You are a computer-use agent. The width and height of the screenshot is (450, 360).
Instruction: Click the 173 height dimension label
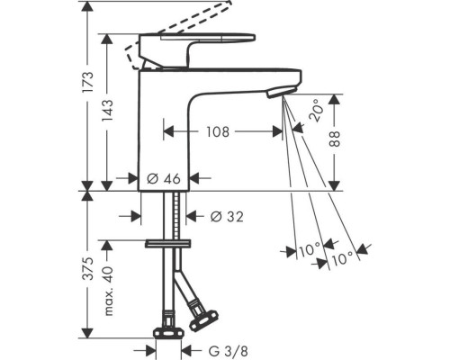pyautogui.click(x=88, y=83)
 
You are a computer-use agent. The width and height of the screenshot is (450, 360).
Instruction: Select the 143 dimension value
pyautogui.click(x=107, y=111)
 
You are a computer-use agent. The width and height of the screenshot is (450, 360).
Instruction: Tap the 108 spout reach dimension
pyautogui.click(x=218, y=131)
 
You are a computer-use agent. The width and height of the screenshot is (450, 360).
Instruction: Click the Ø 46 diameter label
pyautogui.click(x=164, y=179)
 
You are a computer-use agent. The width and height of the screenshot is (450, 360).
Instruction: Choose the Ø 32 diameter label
pyautogui.click(x=227, y=216)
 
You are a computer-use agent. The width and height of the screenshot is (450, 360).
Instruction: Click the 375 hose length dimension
pyautogui.click(x=88, y=268)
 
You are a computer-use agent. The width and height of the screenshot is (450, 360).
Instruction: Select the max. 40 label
pyautogui.click(x=108, y=291)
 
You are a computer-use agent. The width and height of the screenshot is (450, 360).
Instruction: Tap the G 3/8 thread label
pyautogui.click(x=229, y=351)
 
